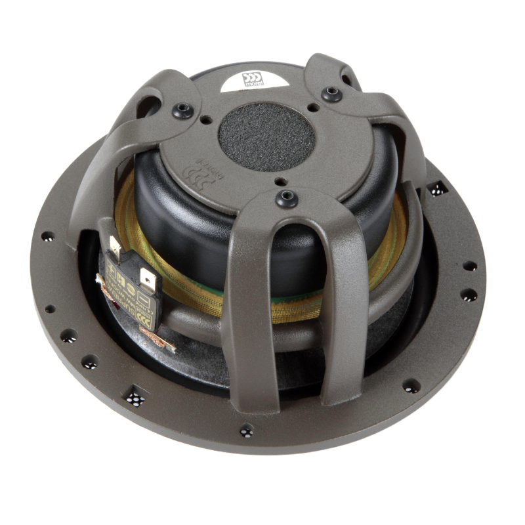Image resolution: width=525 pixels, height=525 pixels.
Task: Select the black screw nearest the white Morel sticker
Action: coord(331,93)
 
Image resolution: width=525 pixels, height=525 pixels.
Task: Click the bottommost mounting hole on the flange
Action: coord(246,430)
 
